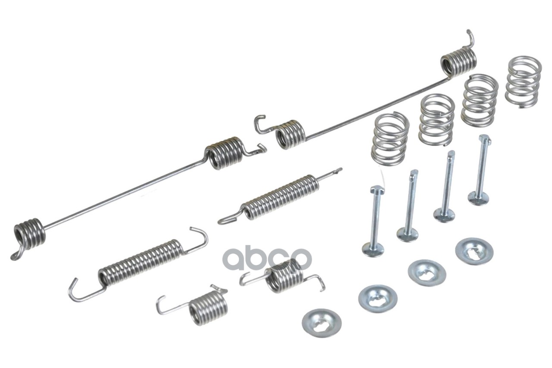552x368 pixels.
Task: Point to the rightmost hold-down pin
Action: [x=481, y=170]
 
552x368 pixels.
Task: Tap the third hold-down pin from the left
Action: [x=445, y=187]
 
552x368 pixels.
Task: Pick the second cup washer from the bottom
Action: [x=378, y=299]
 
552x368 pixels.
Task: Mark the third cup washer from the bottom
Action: [x=427, y=273]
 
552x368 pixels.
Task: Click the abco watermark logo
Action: [x=267, y=259]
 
